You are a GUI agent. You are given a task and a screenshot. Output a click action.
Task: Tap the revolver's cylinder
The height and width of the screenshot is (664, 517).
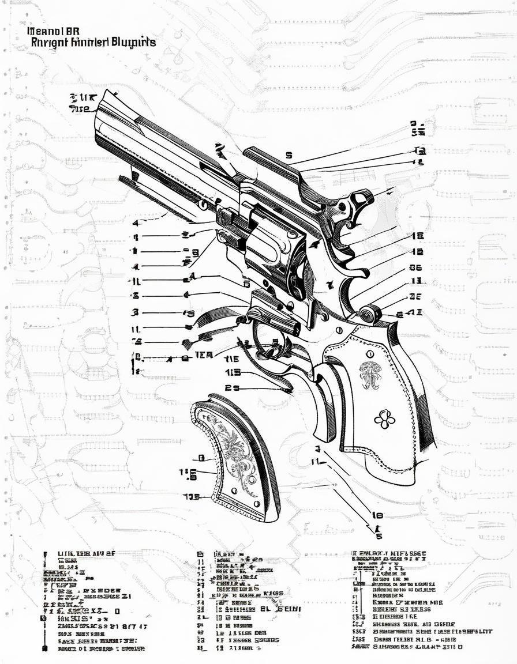(x=271, y=251)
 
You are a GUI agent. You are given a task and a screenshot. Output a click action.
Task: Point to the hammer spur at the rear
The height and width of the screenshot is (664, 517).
(x=362, y=199)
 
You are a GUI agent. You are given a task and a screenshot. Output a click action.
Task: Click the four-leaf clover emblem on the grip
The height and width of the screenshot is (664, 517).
(x=384, y=419)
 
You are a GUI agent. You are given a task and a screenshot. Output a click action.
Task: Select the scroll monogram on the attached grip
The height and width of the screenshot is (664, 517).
(x=370, y=375)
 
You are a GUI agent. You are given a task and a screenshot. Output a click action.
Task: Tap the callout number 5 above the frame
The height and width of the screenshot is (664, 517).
(x=289, y=155)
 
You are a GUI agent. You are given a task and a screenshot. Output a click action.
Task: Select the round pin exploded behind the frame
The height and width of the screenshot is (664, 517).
(x=368, y=314)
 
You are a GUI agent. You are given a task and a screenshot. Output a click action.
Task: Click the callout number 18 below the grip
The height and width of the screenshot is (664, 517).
(x=377, y=515)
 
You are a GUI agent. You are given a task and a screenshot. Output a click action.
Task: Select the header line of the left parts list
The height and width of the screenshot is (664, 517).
(x=87, y=554)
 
